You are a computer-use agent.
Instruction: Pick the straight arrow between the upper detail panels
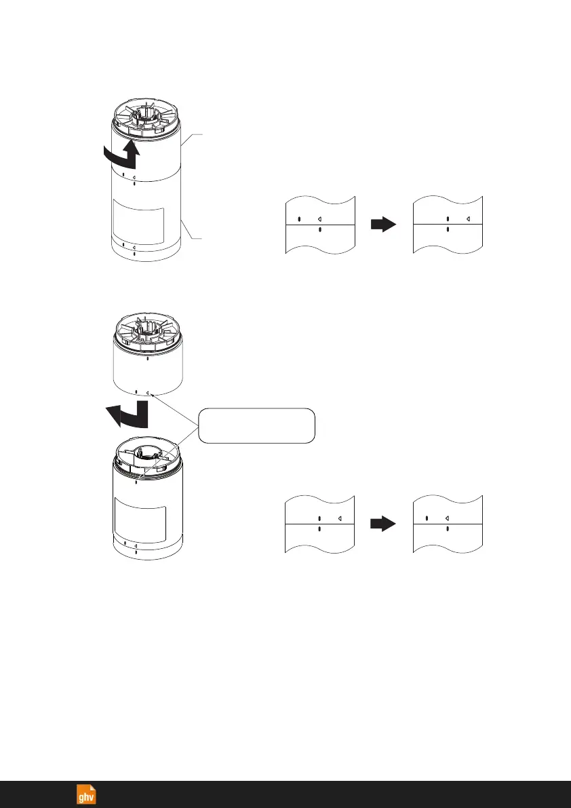(384, 225)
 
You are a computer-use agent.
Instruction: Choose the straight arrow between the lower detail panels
(384, 524)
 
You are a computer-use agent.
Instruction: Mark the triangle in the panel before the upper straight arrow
(320, 219)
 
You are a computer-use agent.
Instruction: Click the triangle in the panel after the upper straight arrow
(469, 219)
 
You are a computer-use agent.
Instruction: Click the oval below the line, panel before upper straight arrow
(320, 230)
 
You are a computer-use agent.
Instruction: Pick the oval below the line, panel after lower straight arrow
(448, 528)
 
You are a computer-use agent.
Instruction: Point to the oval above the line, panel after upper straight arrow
(448, 219)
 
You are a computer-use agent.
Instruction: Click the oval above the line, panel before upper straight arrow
(300, 219)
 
